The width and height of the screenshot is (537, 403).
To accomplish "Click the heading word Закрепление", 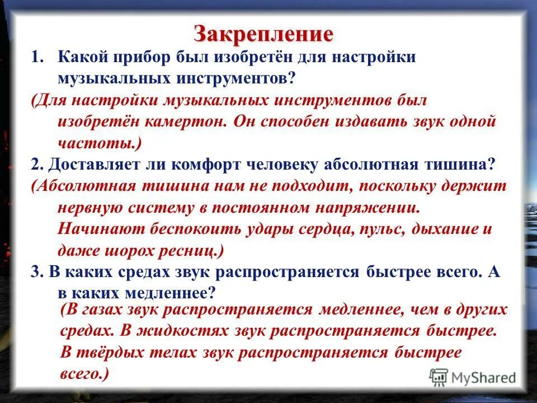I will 263,34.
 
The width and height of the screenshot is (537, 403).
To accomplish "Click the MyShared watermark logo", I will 472,377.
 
